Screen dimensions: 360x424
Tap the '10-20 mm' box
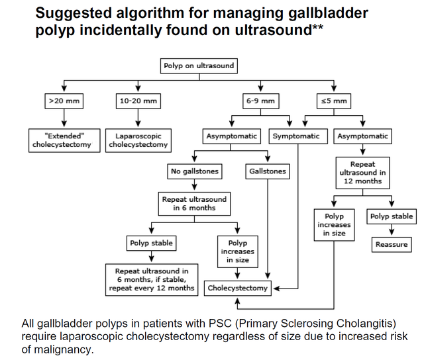(x=138, y=101)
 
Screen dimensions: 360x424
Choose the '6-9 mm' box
(x=260, y=101)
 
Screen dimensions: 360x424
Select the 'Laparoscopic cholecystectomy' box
(x=138, y=140)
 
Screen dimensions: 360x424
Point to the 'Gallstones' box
(x=268, y=171)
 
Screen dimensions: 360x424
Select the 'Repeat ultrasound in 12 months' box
(x=362, y=172)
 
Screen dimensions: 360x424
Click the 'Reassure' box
(x=391, y=245)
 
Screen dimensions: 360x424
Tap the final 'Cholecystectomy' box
(x=238, y=288)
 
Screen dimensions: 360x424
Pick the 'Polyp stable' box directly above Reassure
(x=391, y=216)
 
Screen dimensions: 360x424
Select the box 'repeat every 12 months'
(x=152, y=279)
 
